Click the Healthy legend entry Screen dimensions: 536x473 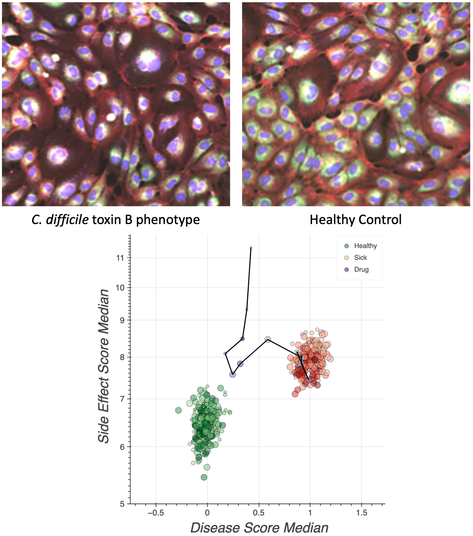[365, 246]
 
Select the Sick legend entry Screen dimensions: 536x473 [360, 257]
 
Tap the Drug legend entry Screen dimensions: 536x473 [361, 269]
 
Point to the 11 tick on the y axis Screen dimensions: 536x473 [120, 258]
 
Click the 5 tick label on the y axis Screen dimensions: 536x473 [122, 504]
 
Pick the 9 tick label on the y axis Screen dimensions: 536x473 [122, 320]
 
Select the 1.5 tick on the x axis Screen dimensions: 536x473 [361, 513]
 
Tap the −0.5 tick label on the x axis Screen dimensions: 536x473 [156, 513]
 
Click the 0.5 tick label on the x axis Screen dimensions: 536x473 [259, 513]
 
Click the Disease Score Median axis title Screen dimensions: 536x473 [259, 528]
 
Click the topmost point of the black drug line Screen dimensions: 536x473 [251, 247]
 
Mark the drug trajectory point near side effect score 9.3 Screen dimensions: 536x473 [247, 309]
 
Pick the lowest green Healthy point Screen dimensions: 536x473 [204, 477]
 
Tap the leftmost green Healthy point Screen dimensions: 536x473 [178, 410]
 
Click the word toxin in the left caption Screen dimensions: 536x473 [107, 220]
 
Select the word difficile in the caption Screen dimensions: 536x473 [67, 220]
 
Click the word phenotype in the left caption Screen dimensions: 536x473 [168, 220]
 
